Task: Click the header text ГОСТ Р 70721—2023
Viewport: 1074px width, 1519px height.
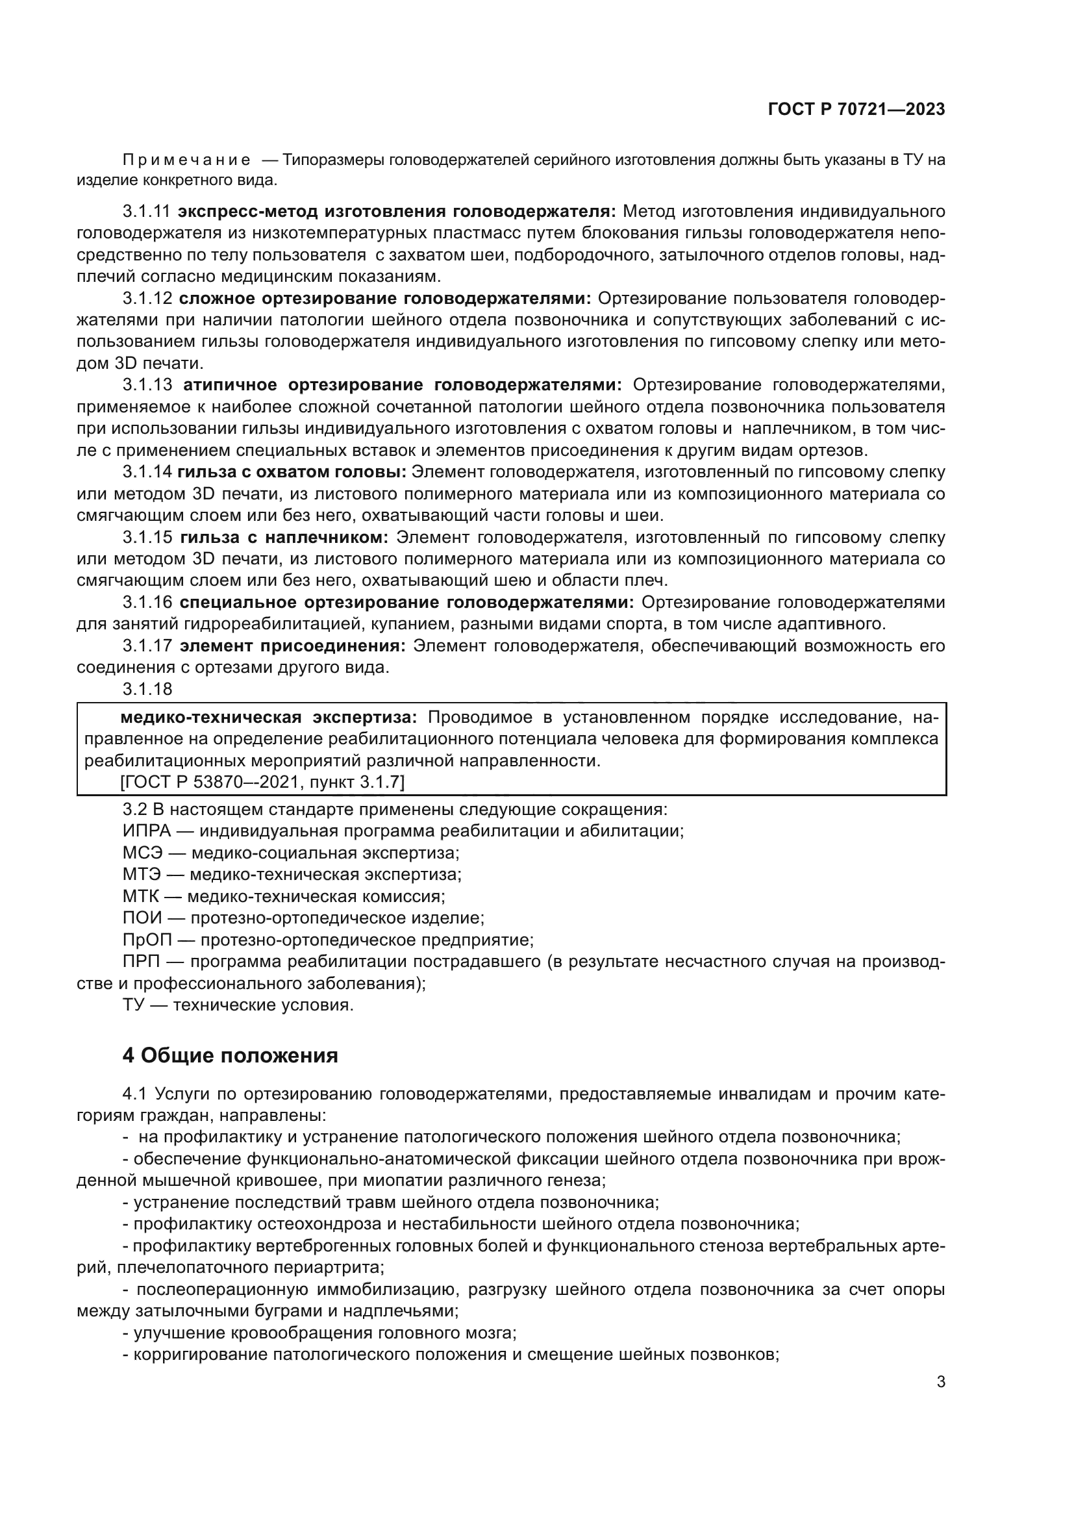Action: click(x=856, y=110)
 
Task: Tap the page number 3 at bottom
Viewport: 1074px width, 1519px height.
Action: click(x=940, y=1382)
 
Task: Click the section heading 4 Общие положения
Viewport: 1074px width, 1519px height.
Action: click(x=230, y=1055)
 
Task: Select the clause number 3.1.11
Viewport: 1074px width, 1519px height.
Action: click(x=146, y=212)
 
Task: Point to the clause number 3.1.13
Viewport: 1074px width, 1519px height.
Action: click(x=147, y=385)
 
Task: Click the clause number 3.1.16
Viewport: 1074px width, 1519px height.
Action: click(x=147, y=602)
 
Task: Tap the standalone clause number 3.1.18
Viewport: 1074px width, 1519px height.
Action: click(x=147, y=690)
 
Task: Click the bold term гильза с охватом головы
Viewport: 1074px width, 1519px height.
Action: click(x=292, y=471)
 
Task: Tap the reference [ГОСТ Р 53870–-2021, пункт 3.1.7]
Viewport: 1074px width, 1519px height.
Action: click(x=262, y=782)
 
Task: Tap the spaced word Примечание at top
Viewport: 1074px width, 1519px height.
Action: click(x=186, y=160)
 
